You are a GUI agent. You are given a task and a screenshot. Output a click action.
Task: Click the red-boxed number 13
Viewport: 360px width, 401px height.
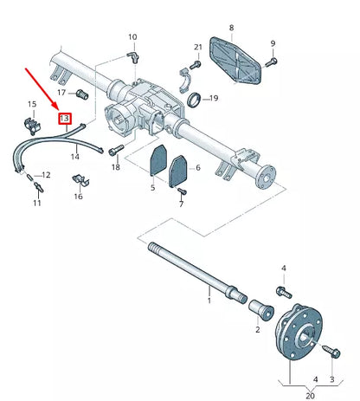point(64,119)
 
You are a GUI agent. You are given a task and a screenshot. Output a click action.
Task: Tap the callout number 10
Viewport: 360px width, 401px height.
point(132,37)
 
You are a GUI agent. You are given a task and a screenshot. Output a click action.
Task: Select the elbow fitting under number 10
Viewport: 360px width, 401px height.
point(133,56)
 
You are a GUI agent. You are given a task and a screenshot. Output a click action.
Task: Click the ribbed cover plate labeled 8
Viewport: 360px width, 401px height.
point(235,61)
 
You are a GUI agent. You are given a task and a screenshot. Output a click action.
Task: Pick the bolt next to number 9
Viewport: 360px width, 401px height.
point(271,62)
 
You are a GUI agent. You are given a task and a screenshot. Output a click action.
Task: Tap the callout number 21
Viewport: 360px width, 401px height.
point(198,47)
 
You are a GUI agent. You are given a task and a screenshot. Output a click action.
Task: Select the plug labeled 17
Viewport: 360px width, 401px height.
point(82,94)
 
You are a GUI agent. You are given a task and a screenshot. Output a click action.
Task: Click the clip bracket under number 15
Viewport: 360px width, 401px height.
point(32,126)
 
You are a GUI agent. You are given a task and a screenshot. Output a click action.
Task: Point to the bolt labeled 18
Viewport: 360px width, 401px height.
point(116,150)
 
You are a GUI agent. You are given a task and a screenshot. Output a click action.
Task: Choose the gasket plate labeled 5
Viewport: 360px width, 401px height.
point(157,160)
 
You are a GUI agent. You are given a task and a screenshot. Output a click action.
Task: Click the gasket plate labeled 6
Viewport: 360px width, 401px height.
point(178,171)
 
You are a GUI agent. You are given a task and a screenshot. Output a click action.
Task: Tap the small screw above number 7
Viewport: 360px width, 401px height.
point(183,191)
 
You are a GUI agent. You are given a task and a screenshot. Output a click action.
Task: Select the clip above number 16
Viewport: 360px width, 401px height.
point(80,181)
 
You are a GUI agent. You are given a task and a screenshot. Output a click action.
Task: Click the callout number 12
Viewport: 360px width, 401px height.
point(46,175)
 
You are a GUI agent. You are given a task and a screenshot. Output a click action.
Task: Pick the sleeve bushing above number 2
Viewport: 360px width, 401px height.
point(261,310)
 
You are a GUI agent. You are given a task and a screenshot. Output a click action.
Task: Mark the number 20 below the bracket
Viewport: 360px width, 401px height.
point(310,396)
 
